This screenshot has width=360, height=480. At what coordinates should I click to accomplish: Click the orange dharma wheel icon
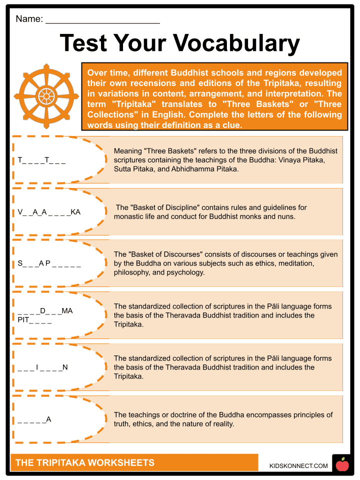pyautogui.click(x=46, y=95)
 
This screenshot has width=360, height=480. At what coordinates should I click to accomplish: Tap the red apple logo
pyautogui.click(x=342, y=465)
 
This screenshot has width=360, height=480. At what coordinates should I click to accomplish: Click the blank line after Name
pyautogui.click(x=102, y=20)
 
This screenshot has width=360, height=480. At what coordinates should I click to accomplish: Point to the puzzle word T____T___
pyautogui.click(x=41, y=160)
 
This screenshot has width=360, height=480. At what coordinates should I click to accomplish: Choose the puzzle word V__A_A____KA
pyautogui.click(x=49, y=212)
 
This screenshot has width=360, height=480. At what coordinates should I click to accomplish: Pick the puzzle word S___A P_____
pyautogui.click(x=49, y=263)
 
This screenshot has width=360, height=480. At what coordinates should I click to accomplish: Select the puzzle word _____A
pyautogui.click(x=34, y=419)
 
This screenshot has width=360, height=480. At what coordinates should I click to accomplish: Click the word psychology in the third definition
pyautogui.click(x=187, y=272)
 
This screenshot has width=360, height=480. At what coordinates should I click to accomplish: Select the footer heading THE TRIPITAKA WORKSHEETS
pyautogui.click(x=84, y=462)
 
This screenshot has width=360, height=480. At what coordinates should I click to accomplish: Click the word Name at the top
pyautogui.click(x=28, y=19)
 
